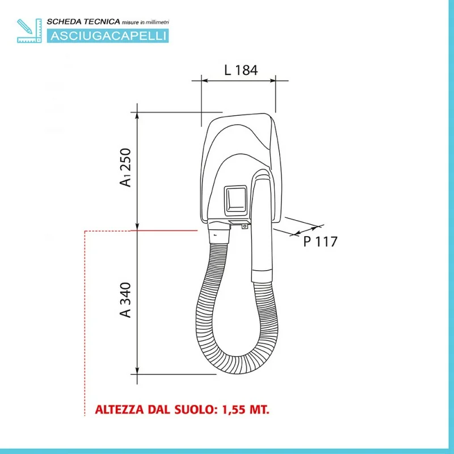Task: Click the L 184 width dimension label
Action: pos(241,70)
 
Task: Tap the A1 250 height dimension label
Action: pos(125,167)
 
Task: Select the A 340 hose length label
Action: pos(125,300)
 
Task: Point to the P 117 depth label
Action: pos(320,242)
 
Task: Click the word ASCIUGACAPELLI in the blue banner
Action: pos(108,36)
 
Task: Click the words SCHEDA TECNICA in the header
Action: pos(83,22)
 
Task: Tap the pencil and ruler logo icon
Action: pos(30,31)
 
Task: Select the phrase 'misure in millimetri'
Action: pos(145,22)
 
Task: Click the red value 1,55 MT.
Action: pos(246,409)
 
